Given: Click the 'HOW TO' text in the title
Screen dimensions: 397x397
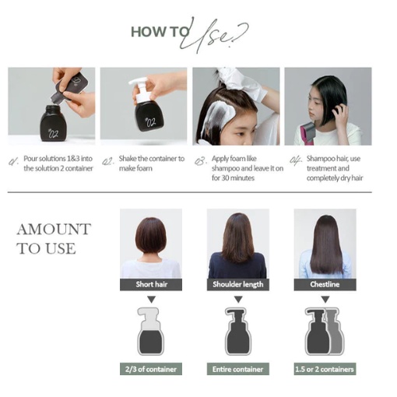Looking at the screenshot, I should [158, 32].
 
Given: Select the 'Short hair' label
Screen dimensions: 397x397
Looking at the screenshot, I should [149, 284].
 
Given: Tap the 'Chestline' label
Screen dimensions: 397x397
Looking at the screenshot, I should [324, 284].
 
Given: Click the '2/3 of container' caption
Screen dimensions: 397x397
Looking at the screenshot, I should [149, 368].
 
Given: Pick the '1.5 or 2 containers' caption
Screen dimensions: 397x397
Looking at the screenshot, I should [324, 368].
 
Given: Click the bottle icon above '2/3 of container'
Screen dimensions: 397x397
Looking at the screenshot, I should [149, 332].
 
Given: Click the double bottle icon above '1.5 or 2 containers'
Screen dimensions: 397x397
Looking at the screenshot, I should [324, 332].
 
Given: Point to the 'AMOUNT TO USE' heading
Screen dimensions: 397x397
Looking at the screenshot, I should [53, 238].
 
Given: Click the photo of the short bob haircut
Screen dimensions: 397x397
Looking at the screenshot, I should [149, 243].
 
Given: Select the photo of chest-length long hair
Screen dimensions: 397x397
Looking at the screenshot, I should [324, 243].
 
